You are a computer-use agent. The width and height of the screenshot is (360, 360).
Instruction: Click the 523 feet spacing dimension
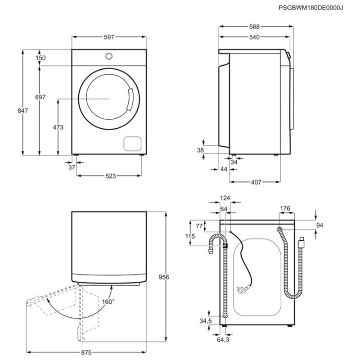pyautogui.click(x=109, y=176)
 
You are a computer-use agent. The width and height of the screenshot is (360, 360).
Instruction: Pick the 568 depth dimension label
pyautogui.click(x=255, y=26)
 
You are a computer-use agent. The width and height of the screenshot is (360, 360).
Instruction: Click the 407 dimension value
pyautogui.click(x=256, y=183)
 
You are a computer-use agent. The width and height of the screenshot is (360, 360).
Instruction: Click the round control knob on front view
pyautogui.click(x=109, y=56)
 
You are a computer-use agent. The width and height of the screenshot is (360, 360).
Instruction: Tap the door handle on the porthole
pyautogui.click(x=130, y=99)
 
